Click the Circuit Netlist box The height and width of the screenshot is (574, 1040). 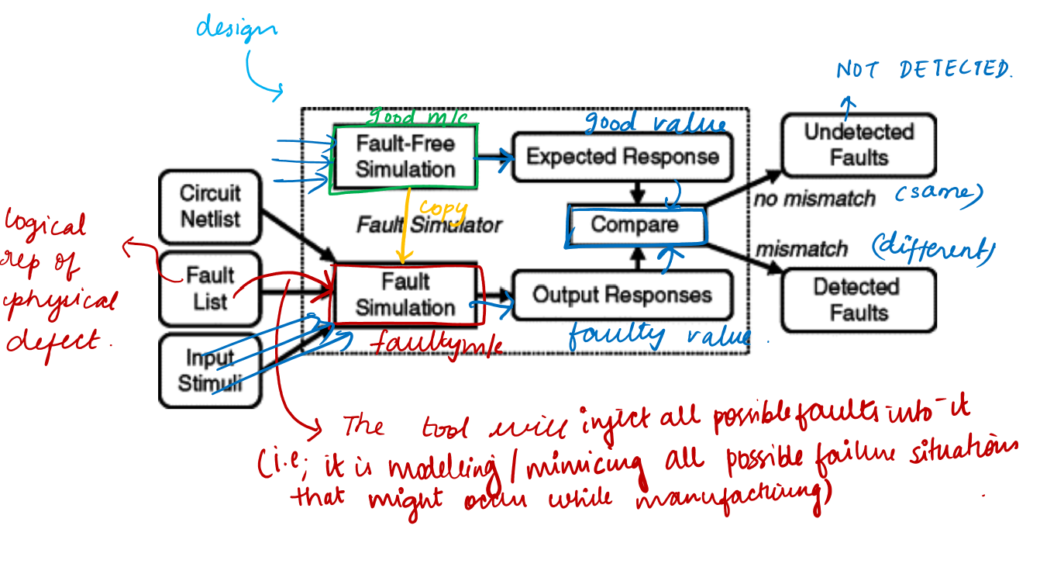(x=210, y=206)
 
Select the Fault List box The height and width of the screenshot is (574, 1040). (x=210, y=288)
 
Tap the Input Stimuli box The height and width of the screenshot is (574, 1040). (x=210, y=370)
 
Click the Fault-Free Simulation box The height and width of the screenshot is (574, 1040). (x=405, y=157)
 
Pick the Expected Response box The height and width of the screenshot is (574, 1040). (x=622, y=157)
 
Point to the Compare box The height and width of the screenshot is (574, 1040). (x=635, y=225)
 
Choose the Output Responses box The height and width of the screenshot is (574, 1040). (x=622, y=295)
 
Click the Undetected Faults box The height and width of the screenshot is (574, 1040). (x=859, y=144)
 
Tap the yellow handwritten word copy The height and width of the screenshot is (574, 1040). (x=444, y=210)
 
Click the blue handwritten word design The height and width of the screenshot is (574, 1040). (x=236, y=29)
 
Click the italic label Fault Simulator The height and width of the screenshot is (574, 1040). (x=429, y=225)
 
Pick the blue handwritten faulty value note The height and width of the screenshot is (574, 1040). (x=659, y=336)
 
